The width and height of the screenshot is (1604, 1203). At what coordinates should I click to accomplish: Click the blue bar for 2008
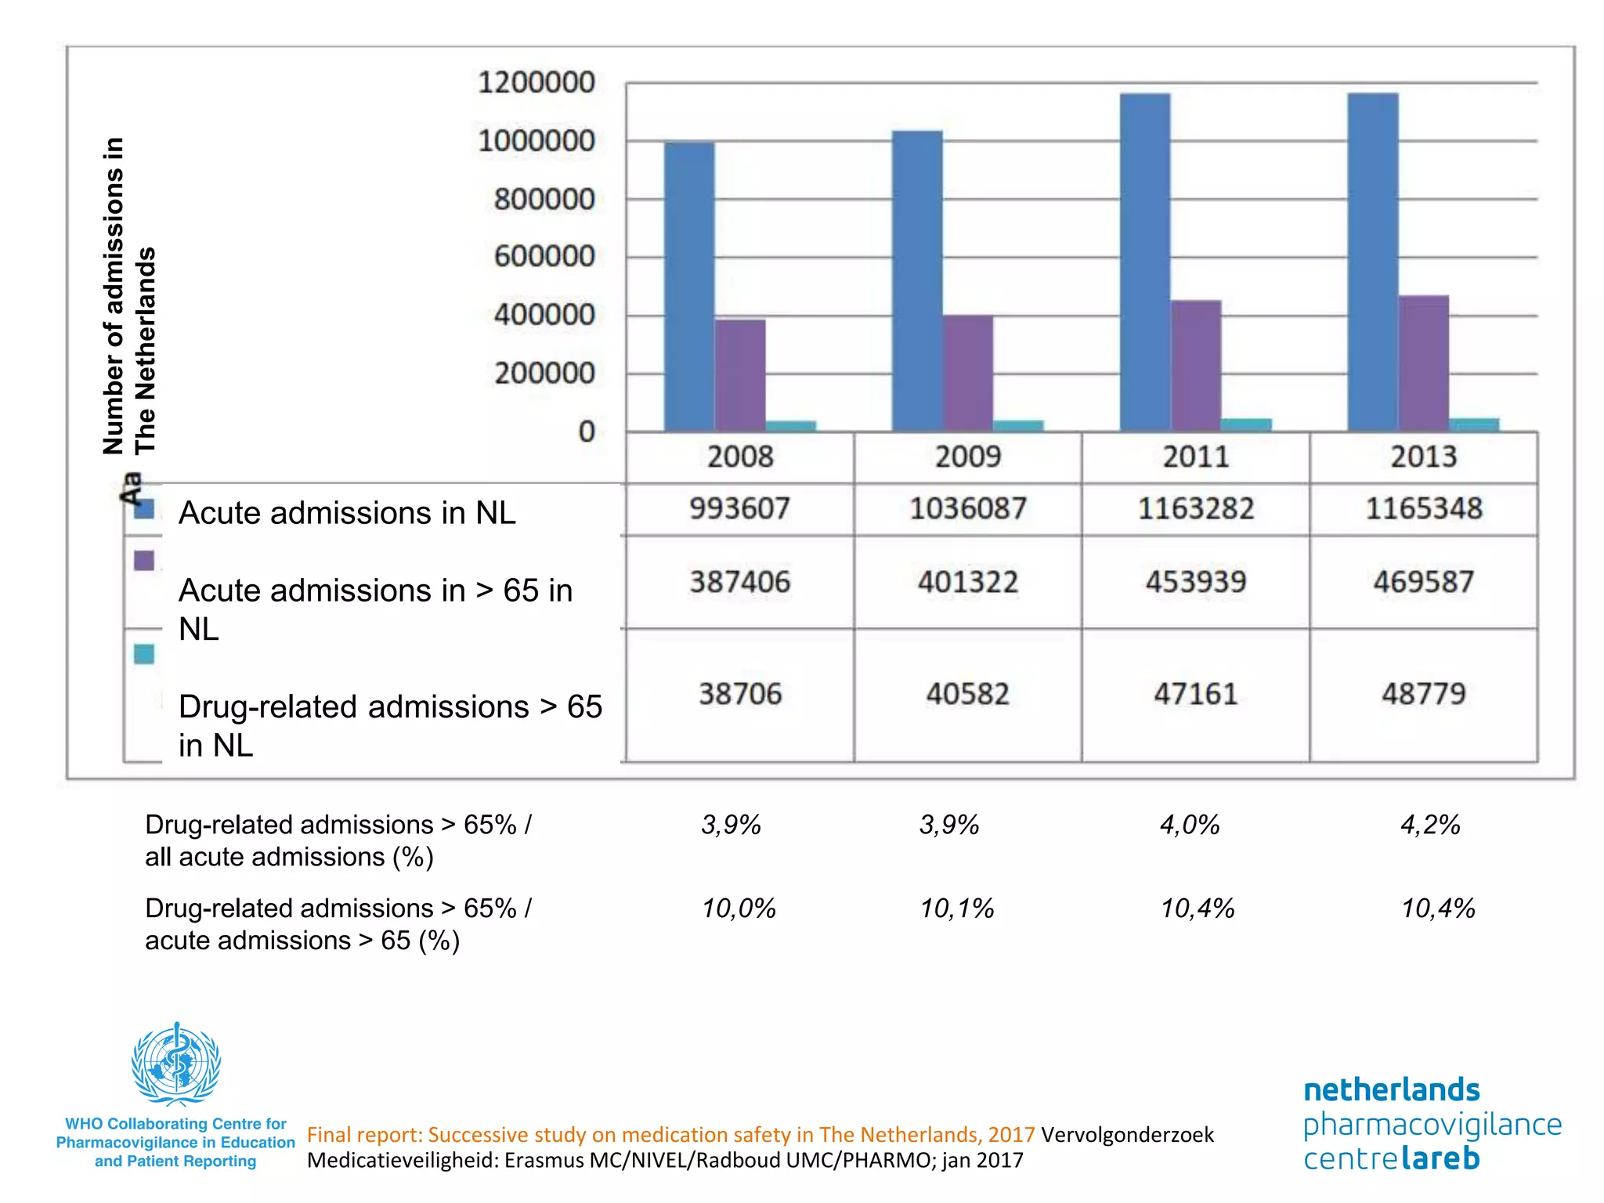689,287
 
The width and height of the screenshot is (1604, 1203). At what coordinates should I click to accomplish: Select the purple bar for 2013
1423,363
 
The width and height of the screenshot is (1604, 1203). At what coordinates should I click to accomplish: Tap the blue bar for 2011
1145,262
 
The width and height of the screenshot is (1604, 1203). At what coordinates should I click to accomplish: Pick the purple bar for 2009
968,373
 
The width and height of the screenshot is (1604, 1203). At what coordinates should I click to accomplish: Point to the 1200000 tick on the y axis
536,82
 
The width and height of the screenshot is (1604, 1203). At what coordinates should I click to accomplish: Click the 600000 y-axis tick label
544,256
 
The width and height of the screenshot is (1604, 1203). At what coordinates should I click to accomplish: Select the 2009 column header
968,457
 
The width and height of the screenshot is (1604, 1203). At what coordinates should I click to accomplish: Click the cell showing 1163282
1195,509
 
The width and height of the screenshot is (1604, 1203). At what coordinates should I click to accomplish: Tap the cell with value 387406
740,582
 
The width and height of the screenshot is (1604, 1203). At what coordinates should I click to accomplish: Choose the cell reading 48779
1423,694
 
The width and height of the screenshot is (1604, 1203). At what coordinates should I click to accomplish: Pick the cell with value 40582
968,694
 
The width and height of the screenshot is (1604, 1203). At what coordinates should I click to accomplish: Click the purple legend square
144,561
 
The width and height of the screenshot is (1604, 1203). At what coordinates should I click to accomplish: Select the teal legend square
144,654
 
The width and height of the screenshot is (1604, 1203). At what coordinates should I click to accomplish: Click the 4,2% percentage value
1430,825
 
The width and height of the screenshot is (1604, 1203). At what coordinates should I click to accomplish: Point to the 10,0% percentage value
738,909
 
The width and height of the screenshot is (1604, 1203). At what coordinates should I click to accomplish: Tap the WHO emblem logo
176,1064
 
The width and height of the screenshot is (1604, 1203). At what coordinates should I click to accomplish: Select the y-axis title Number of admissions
114,296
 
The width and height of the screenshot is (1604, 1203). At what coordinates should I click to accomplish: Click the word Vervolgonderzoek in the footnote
1127,1135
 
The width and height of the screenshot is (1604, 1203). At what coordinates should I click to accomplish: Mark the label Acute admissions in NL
347,513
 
